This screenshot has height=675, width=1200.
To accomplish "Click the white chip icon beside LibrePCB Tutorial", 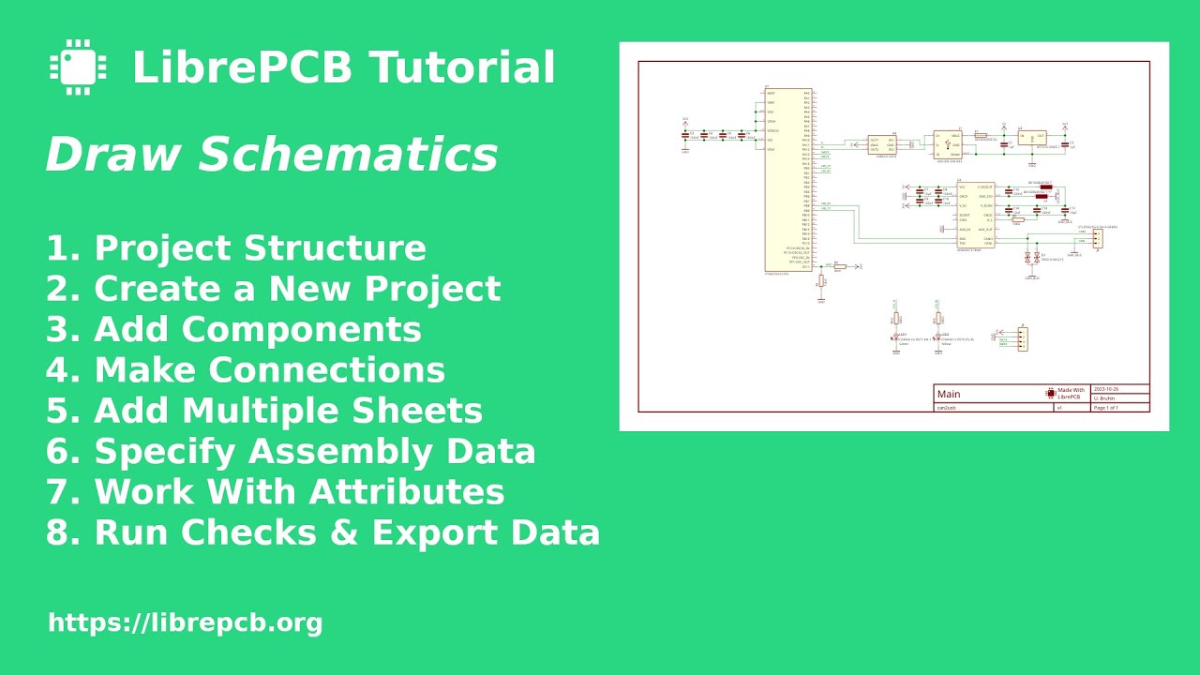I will coord(78,67).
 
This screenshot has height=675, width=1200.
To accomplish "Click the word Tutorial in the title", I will coord(462,68).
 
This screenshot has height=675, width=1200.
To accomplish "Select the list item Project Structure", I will coord(260,248).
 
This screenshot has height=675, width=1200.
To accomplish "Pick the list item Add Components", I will coord(257,329).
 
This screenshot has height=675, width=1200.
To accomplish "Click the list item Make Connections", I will coord(269,369).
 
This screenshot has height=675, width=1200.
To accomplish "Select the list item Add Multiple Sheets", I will coord(288,411).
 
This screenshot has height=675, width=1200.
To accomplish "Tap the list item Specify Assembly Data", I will coord(314,451).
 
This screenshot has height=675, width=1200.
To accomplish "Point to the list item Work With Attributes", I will coord(299,491).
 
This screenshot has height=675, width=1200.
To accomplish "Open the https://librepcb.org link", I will coord(185,622).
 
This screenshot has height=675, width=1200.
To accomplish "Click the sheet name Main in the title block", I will coord(949,395).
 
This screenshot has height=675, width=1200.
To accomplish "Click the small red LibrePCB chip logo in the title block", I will coord(1050,394).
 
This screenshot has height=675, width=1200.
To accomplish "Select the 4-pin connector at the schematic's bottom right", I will coord(1023,338).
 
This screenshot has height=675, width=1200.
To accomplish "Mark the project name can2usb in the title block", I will coord(946,408).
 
